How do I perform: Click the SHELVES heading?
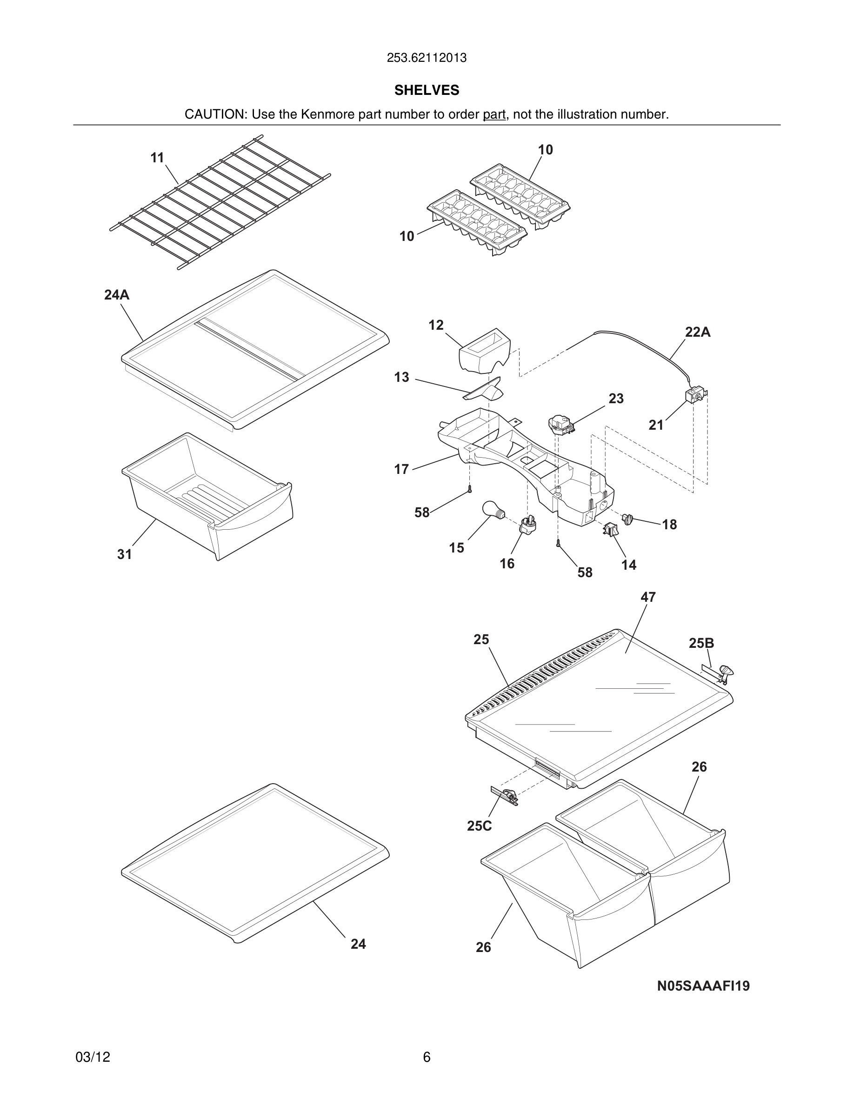[427, 90]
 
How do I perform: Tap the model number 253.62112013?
[427, 58]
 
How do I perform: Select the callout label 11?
[157, 158]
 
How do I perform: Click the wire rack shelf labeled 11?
[220, 202]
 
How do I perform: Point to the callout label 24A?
[117, 295]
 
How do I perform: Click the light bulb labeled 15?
[492, 508]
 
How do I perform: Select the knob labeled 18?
[628, 519]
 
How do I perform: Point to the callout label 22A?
[698, 333]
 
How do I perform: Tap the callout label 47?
[648, 597]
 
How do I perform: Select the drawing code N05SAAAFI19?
[703, 985]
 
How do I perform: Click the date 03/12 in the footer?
[93, 1057]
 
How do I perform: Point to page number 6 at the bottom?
[427, 1057]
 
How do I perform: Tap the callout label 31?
[125, 554]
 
